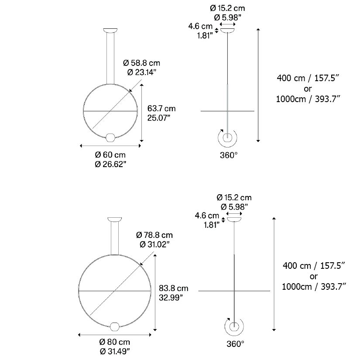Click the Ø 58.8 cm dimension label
pos(141,63)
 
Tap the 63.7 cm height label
pos(161,108)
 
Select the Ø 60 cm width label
pos(110,155)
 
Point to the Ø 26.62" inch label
pos(110,164)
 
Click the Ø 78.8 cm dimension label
pos(154,235)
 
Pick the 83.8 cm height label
pos(174,288)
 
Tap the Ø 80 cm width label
pos(115,342)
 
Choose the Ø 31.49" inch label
pos(115,351)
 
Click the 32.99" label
pos(171,298)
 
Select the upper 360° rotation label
pos(229,155)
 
